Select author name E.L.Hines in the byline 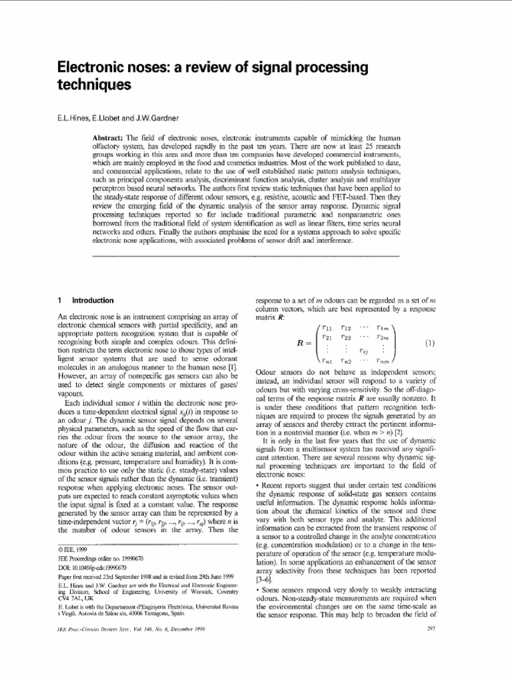point(74,119)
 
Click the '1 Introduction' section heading point(87,300)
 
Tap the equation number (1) point(429,344)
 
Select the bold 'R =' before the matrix point(304,344)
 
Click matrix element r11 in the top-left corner point(327,328)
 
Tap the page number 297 point(429,664)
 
